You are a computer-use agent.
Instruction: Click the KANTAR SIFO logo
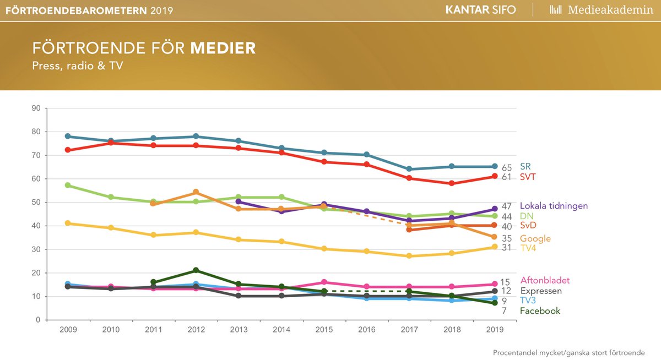coord(480,10)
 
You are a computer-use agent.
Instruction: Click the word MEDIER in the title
coord(223,48)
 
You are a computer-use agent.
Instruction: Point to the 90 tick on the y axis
coord(36,108)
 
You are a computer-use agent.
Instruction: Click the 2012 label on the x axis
coord(196,329)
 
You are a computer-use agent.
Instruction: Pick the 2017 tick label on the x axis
coord(409,329)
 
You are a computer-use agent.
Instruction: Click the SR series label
coord(525,166)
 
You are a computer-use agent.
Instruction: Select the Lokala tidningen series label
coord(557,206)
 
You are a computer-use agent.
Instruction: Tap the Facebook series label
coord(540,311)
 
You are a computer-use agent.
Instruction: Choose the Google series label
coord(535,238)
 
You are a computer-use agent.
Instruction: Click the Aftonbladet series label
coord(545,280)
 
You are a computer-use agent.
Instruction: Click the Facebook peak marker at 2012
coord(196,270)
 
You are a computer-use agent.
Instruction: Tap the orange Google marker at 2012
coord(196,192)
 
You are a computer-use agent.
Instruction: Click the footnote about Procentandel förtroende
coord(568,352)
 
